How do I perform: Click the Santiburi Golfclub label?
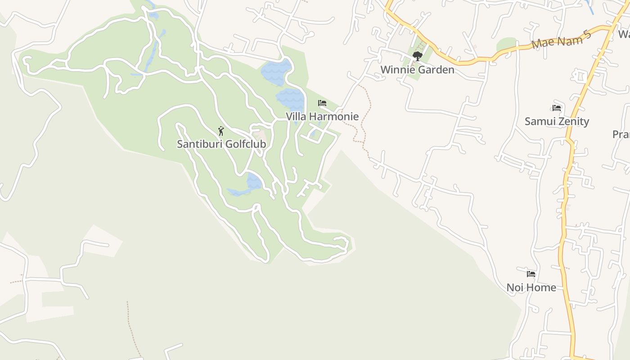[221, 144]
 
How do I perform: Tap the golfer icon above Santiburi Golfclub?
[221, 131]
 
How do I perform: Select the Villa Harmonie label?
[322, 117]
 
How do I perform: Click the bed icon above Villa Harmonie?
[322, 103]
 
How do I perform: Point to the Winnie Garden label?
[417, 70]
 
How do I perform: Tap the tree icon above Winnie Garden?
[418, 56]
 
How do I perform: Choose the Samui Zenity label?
[557, 121]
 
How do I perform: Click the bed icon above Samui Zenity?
[557, 108]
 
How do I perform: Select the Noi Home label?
[531, 288]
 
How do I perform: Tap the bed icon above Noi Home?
[531, 274]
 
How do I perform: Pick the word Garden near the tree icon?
[435, 70]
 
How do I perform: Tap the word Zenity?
[573, 121]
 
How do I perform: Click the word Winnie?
[397, 70]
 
